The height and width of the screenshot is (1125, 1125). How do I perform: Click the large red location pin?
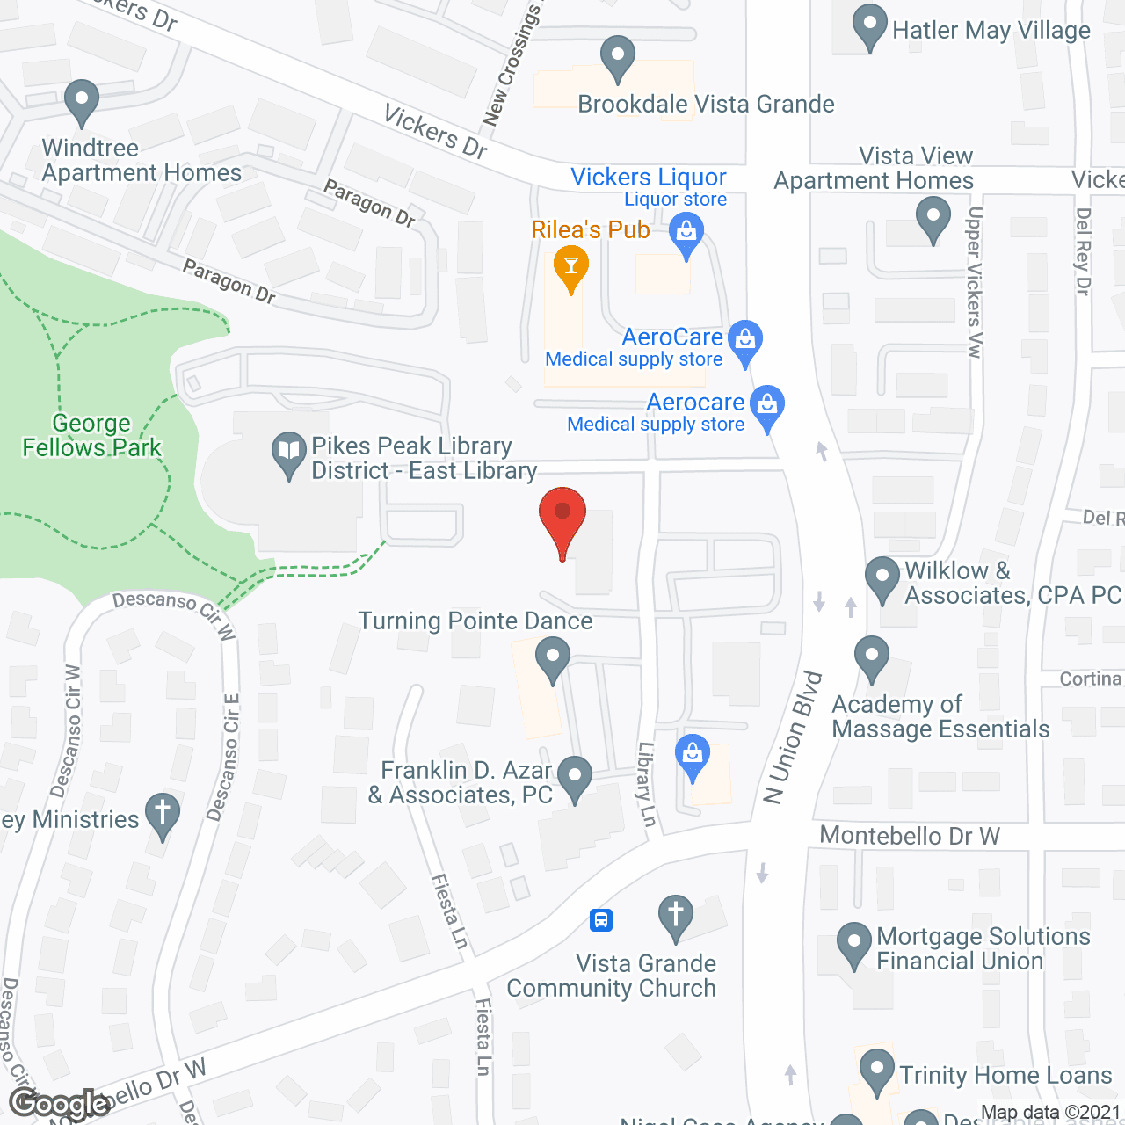[562, 519]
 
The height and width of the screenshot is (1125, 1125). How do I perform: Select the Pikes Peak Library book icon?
[287, 454]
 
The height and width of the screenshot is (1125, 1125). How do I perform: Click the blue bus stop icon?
[601, 920]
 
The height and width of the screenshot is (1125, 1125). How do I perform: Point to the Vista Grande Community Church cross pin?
[675, 916]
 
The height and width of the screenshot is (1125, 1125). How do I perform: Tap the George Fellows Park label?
[91, 436]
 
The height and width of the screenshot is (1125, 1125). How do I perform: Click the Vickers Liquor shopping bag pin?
[686, 235]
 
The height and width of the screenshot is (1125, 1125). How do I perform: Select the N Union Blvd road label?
[793, 738]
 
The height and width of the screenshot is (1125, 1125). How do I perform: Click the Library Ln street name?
[647, 784]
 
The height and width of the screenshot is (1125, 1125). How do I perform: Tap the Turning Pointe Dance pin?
[553, 658]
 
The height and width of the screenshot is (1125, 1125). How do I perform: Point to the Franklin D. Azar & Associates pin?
[575, 778]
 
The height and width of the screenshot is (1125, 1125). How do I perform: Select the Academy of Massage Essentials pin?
[871, 657]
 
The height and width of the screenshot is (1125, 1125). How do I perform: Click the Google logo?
[60, 1103]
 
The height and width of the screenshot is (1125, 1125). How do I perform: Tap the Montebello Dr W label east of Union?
[910, 836]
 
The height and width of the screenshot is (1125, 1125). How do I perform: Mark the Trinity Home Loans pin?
[876, 1070]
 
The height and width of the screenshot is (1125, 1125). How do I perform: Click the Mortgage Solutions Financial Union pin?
[853, 942]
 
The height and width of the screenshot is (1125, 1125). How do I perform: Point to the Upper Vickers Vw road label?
[974, 282]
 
